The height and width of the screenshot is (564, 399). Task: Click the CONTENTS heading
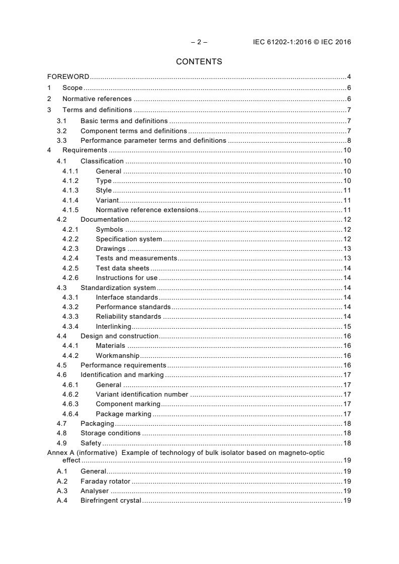[x=199, y=62]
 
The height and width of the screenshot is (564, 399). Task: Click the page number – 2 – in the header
[x=199, y=42]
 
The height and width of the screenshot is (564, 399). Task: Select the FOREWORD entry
[x=68, y=77]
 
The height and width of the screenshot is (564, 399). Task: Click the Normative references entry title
[x=97, y=99]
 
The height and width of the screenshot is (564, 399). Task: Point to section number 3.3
[x=61, y=141]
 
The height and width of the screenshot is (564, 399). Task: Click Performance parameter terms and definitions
[x=153, y=141]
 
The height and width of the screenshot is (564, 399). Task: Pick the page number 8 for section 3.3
[x=349, y=141]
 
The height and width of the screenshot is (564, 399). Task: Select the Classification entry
[x=102, y=161]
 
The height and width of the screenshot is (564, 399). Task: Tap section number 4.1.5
[x=70, y=210]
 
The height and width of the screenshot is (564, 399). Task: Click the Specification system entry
[x=129, y=239]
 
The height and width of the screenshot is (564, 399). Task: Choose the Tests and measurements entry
[x=136, y=258]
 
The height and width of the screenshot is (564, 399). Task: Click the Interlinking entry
[x=113, y=326]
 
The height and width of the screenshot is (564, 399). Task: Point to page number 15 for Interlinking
[x=347, y=326]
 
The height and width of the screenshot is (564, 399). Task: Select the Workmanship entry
[x=117, y=355]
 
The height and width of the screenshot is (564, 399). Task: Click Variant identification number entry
[x=142, y=395]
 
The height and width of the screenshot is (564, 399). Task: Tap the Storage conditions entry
[x=110, y=433]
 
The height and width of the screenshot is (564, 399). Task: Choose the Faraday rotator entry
[x=105, y=481]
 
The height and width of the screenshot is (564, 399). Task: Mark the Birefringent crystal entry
[x=111, y=501]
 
